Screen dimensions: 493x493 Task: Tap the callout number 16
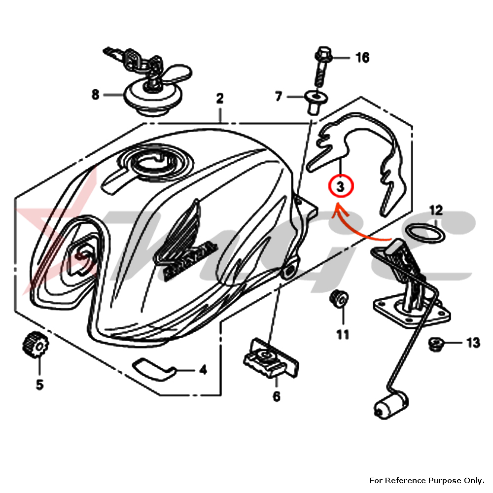click(362, 58)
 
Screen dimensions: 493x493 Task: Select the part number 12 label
click(436, 211)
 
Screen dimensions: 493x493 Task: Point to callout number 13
click(473, 343)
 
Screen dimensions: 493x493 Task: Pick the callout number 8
click(95, 94)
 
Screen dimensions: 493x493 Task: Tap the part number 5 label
click(39, 384)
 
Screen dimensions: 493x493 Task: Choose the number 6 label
click(276, 395)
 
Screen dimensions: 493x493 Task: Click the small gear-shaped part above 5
click(33, 345)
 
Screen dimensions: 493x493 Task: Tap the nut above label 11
click(339, 298)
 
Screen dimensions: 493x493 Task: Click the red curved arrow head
click(337, 210)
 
